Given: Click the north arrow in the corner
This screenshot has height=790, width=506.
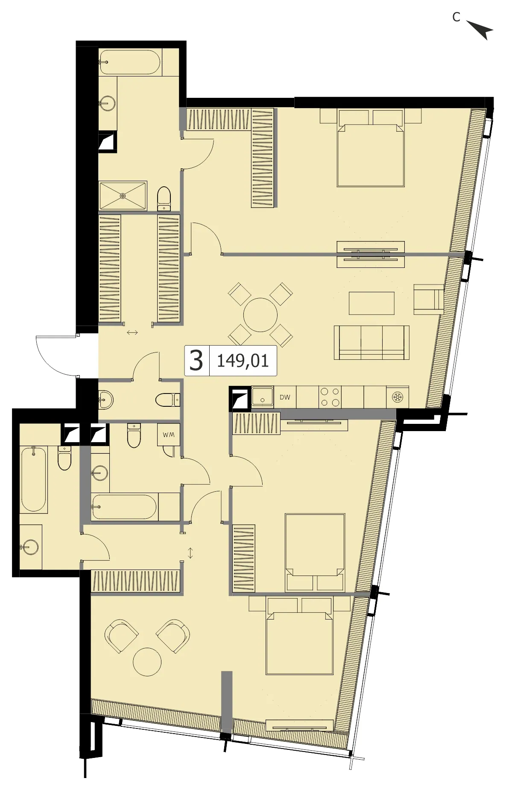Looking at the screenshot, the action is pyautogui.click(x=481, y=29).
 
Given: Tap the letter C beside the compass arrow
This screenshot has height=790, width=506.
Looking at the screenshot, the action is pyautogui.click(x=456, y=17).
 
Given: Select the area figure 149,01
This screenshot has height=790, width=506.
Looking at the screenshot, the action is pyautogui.click(x=243, y=361).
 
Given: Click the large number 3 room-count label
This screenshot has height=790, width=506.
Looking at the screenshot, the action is pyautogui.click(x=196, y=361).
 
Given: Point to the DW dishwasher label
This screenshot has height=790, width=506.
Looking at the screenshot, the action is pyautogui.click(x=285, y=397).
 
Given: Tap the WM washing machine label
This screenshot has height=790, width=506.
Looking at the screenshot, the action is pyautogui.click(x=168, y=435).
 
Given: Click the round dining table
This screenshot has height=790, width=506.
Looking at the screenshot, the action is pyautogui.click(x=260, y=315).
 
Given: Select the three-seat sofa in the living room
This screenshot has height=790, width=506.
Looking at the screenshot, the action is pyautogui.click(x=371, y=342).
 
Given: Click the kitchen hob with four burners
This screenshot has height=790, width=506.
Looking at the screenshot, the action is pyautogui.click(x=330, y=397).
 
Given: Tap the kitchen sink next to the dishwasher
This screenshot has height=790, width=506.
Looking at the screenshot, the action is pyautogui.click(x=262, y=397).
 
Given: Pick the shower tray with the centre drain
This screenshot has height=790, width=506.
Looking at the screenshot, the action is pyautogui.click(x=123, y=196).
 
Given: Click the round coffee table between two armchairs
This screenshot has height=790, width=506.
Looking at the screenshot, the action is pyautogui.click(x=147, y=662).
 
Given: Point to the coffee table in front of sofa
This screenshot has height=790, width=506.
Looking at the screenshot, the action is pyautogui.click(x=371, y=303).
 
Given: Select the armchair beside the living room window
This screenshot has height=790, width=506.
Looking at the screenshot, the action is pyautogui.click(x=429, y=300).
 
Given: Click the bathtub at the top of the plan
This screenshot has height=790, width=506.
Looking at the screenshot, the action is pyautogui.click(x=130, y=62).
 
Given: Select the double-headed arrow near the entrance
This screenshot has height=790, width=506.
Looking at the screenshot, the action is pyautogui.click(x=132, y=332).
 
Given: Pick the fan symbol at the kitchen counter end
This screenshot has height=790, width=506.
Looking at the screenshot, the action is pyautogui.click(x=398, y=397).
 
